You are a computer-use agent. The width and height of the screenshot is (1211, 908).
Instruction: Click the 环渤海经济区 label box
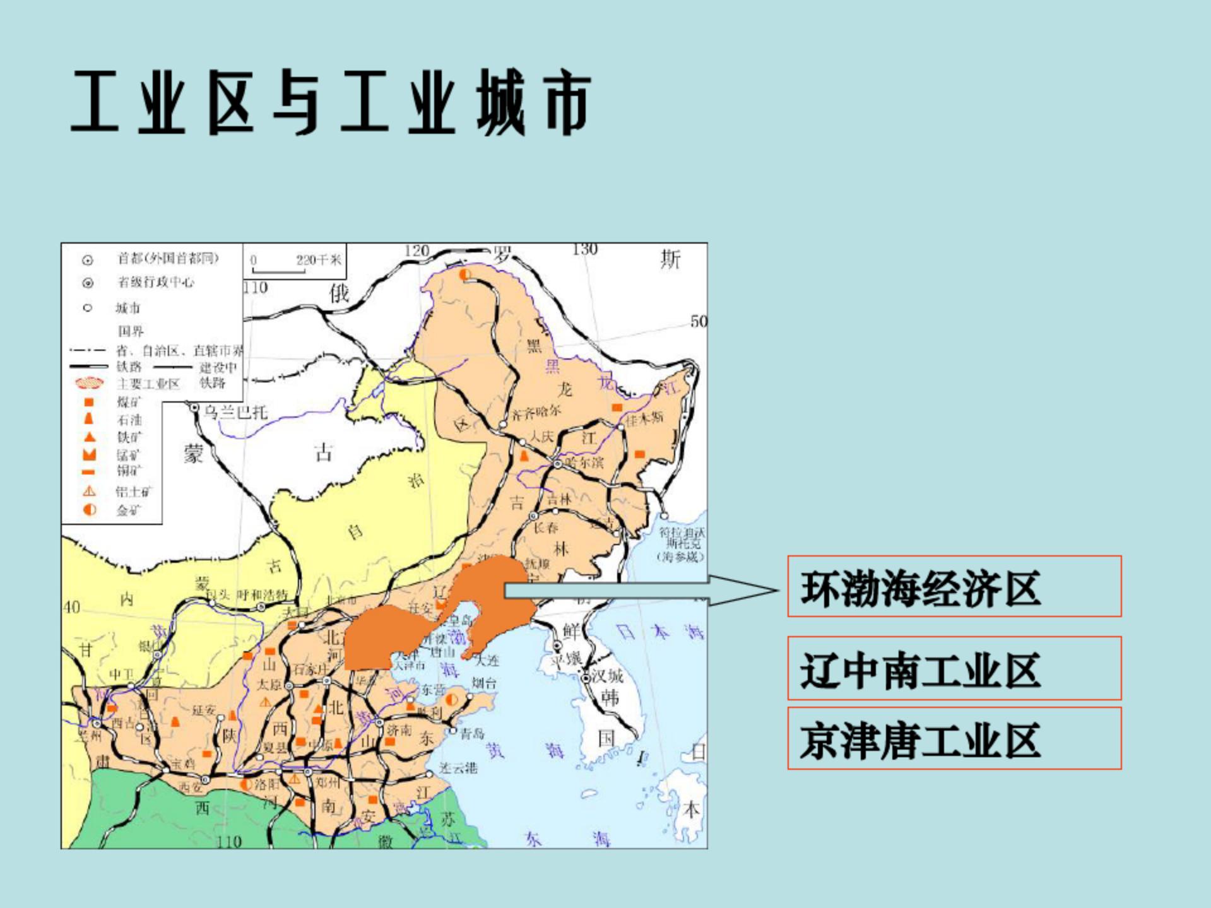tap(954, 587)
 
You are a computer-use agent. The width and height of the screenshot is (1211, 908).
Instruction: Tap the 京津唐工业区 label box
tap(954, 739)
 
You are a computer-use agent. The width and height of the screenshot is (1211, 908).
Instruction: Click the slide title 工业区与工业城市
tap(331, 102)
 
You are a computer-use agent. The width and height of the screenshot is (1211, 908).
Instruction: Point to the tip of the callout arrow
tap(777, 591)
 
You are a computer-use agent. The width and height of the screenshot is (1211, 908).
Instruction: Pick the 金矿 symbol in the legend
tap(90, 509)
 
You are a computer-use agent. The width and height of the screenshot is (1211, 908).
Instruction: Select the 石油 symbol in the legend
tap(89, 419)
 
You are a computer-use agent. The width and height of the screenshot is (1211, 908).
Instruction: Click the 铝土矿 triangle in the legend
tap(90, 491)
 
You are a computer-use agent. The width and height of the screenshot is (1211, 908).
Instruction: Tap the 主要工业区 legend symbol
tap(89, 383)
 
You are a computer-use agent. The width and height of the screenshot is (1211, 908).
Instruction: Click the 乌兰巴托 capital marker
tap(194, 409)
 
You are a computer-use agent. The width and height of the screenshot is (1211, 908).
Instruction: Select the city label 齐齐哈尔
tap(536, 413)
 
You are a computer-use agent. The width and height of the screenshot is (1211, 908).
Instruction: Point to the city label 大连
tap(487, 660)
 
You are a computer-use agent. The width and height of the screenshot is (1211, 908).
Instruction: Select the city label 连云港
tap(459, 768)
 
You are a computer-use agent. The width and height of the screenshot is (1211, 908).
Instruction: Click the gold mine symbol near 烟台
tap(452, 700)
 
